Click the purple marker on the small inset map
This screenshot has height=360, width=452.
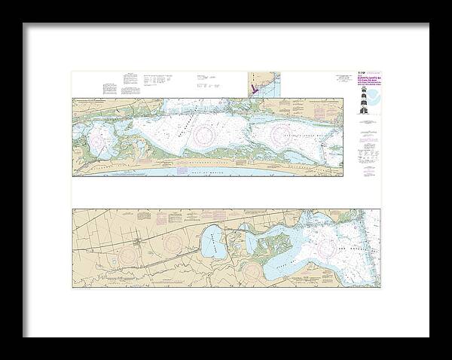(254, 88)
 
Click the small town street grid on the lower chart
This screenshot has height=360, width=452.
(135, 242)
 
